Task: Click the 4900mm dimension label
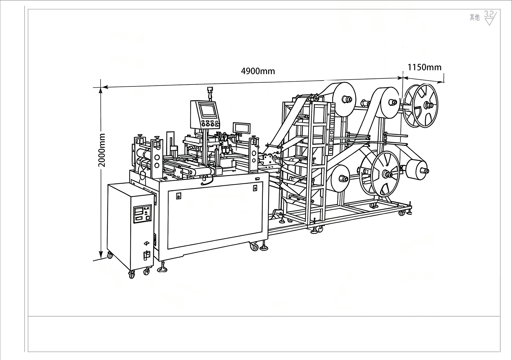(x=258, y=71)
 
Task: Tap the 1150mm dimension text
(x=424, y=67)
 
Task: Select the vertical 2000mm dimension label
(x=102, y=150)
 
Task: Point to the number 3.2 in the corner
(x=489, y=14)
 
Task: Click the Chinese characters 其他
(x=474, y=17)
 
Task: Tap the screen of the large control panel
(x=208, y=111)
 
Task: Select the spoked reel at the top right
(x=420, y=105)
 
